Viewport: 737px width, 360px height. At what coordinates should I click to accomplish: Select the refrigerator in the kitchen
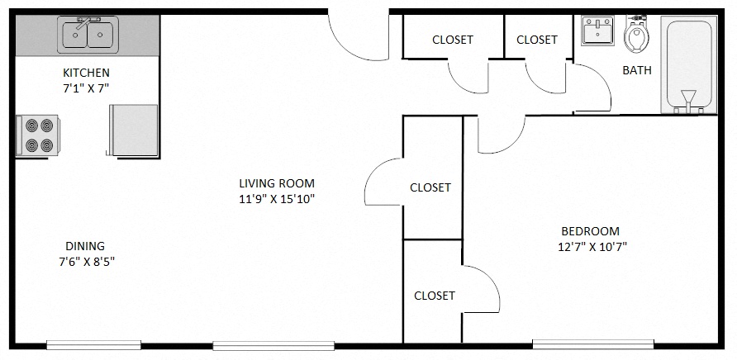(x=133, y=130)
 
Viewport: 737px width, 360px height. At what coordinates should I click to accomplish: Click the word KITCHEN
(x=86, y=73)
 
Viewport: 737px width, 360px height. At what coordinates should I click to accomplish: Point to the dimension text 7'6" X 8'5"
(x=86, y=262)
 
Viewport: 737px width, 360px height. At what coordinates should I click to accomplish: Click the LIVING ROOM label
(x=276, y=183)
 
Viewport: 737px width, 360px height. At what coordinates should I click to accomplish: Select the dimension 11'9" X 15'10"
(x=276, y=199)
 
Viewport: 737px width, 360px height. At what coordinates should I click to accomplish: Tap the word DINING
(x=85, y=246)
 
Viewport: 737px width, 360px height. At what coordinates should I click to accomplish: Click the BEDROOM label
(x=590, y=231)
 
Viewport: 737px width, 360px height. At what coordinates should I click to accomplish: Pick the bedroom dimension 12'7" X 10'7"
(x=592, y=247)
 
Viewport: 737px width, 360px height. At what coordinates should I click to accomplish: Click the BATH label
(x=636, y=70)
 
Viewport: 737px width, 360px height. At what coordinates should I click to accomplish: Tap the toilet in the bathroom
(x=637, y=34)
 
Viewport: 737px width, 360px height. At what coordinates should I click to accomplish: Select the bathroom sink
(x=597, y=32)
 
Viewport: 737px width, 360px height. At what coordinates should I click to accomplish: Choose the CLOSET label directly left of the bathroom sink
(x=536, y=40)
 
